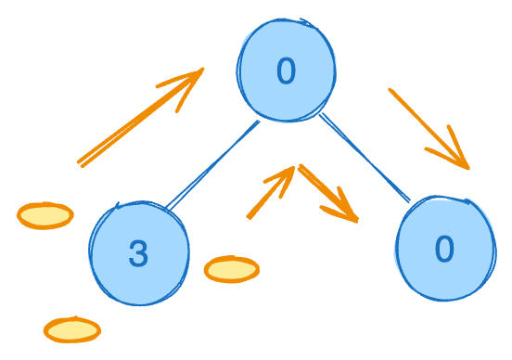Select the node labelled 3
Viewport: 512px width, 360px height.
(139, 252)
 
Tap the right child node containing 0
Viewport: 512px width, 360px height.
(444, 249)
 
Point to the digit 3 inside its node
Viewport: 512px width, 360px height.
(138, 254)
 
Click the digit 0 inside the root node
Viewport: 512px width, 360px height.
(286, 71)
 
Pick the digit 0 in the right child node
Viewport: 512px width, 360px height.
(444, 249)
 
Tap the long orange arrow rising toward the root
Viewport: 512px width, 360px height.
(139, 118)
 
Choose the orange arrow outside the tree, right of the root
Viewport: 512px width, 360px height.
(429, 128)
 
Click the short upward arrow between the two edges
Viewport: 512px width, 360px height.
(270, 193)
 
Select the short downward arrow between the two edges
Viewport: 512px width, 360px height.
(326, 192)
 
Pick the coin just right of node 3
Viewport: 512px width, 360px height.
(231, 269)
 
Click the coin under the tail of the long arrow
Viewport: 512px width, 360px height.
(45, 215)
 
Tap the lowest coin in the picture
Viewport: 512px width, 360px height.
(72, 328)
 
